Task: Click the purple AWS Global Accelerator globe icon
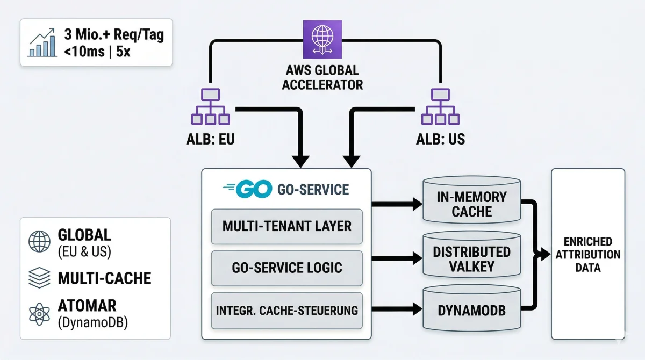coord(322,39)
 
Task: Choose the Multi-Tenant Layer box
coord(287,226)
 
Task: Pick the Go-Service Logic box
coord(287,267)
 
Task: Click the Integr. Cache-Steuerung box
coord(287,310)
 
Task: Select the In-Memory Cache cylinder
coord(471,204)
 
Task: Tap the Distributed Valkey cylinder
coord(471,259)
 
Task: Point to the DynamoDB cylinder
coord(471,311)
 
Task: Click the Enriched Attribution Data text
coord(587,254)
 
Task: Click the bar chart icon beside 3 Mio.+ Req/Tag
coord(42,43)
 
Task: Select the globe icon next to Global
coord(40,242)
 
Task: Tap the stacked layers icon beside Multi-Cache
coord(40,278)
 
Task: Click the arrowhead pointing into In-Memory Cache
coord(417,204)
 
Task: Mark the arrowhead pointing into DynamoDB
coord(417,309)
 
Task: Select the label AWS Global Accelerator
coord(322,78)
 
